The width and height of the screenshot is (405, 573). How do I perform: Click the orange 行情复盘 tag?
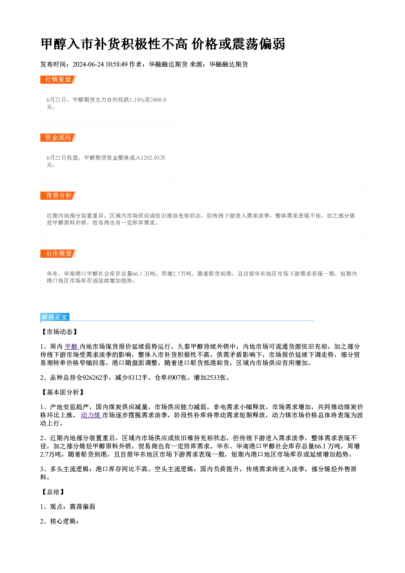tap(58, 80)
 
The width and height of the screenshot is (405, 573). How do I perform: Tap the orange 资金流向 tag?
tap(58, 138)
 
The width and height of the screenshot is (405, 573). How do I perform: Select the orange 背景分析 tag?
tap(58, 196)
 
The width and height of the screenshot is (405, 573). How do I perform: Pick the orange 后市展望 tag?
tap(58, 254)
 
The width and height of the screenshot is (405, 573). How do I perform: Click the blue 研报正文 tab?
tap(55, 317)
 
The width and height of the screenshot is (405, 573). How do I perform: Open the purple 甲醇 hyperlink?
tap(71, 347)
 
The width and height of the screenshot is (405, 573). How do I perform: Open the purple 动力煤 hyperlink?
tap(91, 415)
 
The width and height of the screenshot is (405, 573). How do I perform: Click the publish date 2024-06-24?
tap(88, 64)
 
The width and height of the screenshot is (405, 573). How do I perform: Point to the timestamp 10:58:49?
tap(117, 64)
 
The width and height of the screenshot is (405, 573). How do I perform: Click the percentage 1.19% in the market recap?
tap(137, 100)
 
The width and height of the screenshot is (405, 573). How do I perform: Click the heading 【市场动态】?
tap(60, 332)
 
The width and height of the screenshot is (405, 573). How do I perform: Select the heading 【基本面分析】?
tap(63, 392)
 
